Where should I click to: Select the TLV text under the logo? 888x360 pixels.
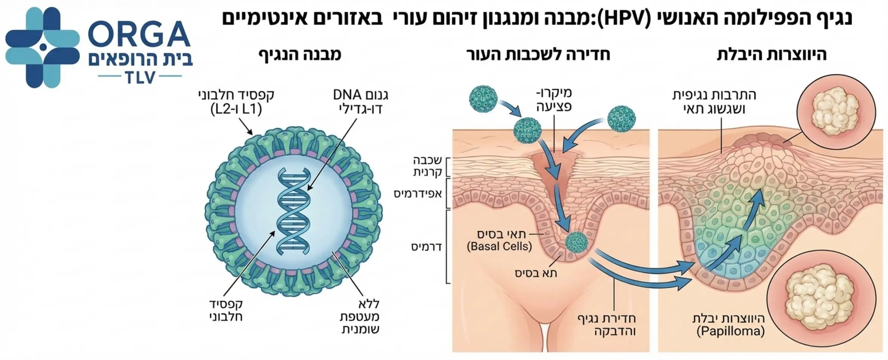point(139,77)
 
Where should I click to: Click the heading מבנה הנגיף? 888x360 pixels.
point(300,54)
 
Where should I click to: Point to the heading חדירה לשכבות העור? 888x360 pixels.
point(538,54)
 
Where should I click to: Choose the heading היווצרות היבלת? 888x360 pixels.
point(772,54)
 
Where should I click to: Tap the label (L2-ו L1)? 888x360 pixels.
point(236,109)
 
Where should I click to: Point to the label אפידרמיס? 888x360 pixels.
point(418,194)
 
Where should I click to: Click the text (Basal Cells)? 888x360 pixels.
point(499,247)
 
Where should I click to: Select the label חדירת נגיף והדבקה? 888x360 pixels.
point(606,325)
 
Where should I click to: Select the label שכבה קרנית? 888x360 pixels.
point(427,166)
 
